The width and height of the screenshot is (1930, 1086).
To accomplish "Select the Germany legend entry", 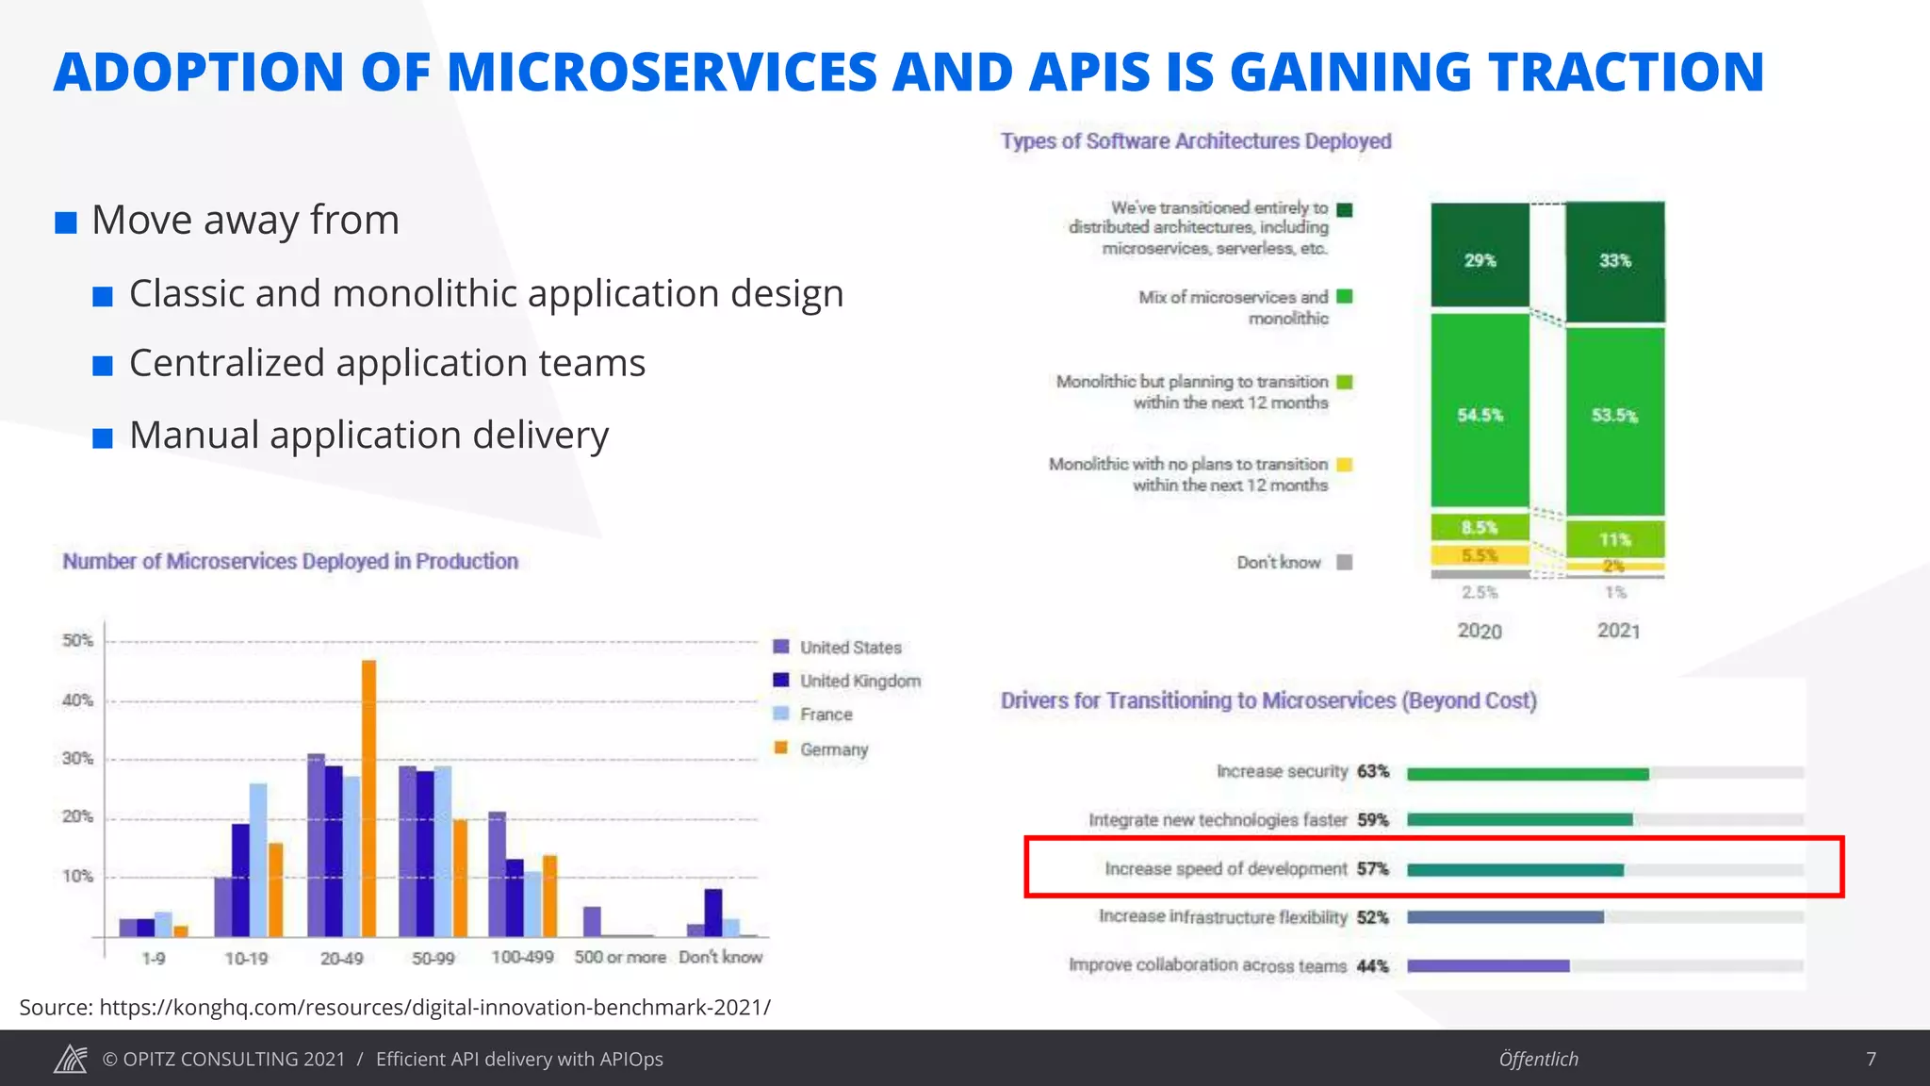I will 833,749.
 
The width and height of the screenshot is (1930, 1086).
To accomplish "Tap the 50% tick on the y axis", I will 78,641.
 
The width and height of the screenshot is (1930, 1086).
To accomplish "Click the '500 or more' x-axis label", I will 619,957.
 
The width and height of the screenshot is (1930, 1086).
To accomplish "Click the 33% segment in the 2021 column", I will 1614,261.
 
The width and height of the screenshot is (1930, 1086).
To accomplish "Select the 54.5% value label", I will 1480,416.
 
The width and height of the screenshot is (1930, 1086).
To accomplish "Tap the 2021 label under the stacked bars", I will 1618,631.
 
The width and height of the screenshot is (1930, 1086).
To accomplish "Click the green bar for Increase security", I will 1527,774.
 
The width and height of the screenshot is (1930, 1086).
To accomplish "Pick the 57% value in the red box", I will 1372,868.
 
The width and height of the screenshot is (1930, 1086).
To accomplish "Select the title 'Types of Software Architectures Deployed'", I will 1195,141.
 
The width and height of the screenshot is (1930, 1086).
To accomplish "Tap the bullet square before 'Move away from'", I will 66,223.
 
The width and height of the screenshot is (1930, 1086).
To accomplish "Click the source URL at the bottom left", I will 434,1007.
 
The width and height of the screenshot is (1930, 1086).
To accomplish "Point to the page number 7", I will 1871,1059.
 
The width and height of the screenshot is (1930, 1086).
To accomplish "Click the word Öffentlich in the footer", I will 1538,1059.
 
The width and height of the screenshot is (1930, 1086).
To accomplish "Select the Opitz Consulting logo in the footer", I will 71,1059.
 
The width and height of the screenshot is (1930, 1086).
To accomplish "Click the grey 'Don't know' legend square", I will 1345,563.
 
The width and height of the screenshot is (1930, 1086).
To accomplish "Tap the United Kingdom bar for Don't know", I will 713,913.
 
